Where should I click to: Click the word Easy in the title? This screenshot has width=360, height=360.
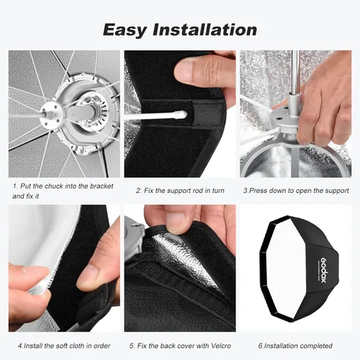125,30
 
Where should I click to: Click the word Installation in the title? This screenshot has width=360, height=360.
204,30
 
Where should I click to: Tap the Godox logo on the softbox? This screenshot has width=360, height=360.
324,271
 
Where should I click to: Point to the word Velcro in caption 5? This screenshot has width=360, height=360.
221,346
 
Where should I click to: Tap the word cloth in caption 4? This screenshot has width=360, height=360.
76,346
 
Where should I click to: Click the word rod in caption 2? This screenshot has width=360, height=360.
198,191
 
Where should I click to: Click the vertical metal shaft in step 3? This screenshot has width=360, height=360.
295,72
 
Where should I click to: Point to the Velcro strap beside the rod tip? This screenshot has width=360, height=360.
207,113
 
